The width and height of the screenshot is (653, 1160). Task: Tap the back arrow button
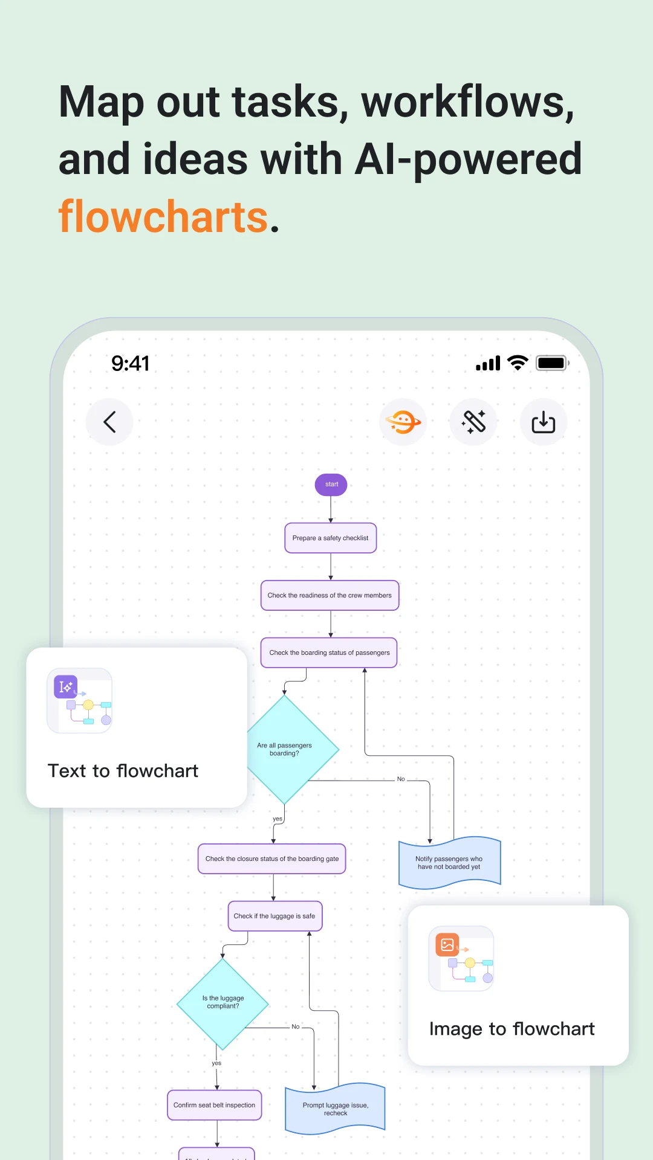[109, 422]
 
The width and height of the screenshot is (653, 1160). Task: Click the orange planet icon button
[403, 422]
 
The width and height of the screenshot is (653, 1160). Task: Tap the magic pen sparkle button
[473, 422]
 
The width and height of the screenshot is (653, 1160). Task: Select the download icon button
[543, 422]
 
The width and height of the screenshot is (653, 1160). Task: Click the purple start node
[331, 485]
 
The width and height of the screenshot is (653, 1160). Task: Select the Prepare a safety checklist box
[331, 538]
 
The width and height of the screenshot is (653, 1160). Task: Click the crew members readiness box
[330, 595]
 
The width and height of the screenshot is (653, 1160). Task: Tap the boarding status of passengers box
[329, 652]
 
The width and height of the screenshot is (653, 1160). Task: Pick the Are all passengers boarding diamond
[285, 749]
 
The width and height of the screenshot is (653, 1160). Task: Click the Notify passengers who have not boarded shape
[449, 863]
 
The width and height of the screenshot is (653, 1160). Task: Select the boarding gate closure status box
[272, 859]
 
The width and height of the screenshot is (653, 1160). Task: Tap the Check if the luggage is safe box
[275, 916]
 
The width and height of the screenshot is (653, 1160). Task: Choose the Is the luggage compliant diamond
[223, 1003]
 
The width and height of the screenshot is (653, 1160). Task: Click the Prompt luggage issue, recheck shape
[336, 1109]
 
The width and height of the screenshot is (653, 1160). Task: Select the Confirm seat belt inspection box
[215, 1105]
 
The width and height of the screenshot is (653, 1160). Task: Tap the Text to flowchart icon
[79, 701]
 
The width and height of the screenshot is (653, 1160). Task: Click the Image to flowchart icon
[461, 959]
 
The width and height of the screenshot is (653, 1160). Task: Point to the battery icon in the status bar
[552, 363]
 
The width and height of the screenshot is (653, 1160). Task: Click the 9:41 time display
[130, 363]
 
